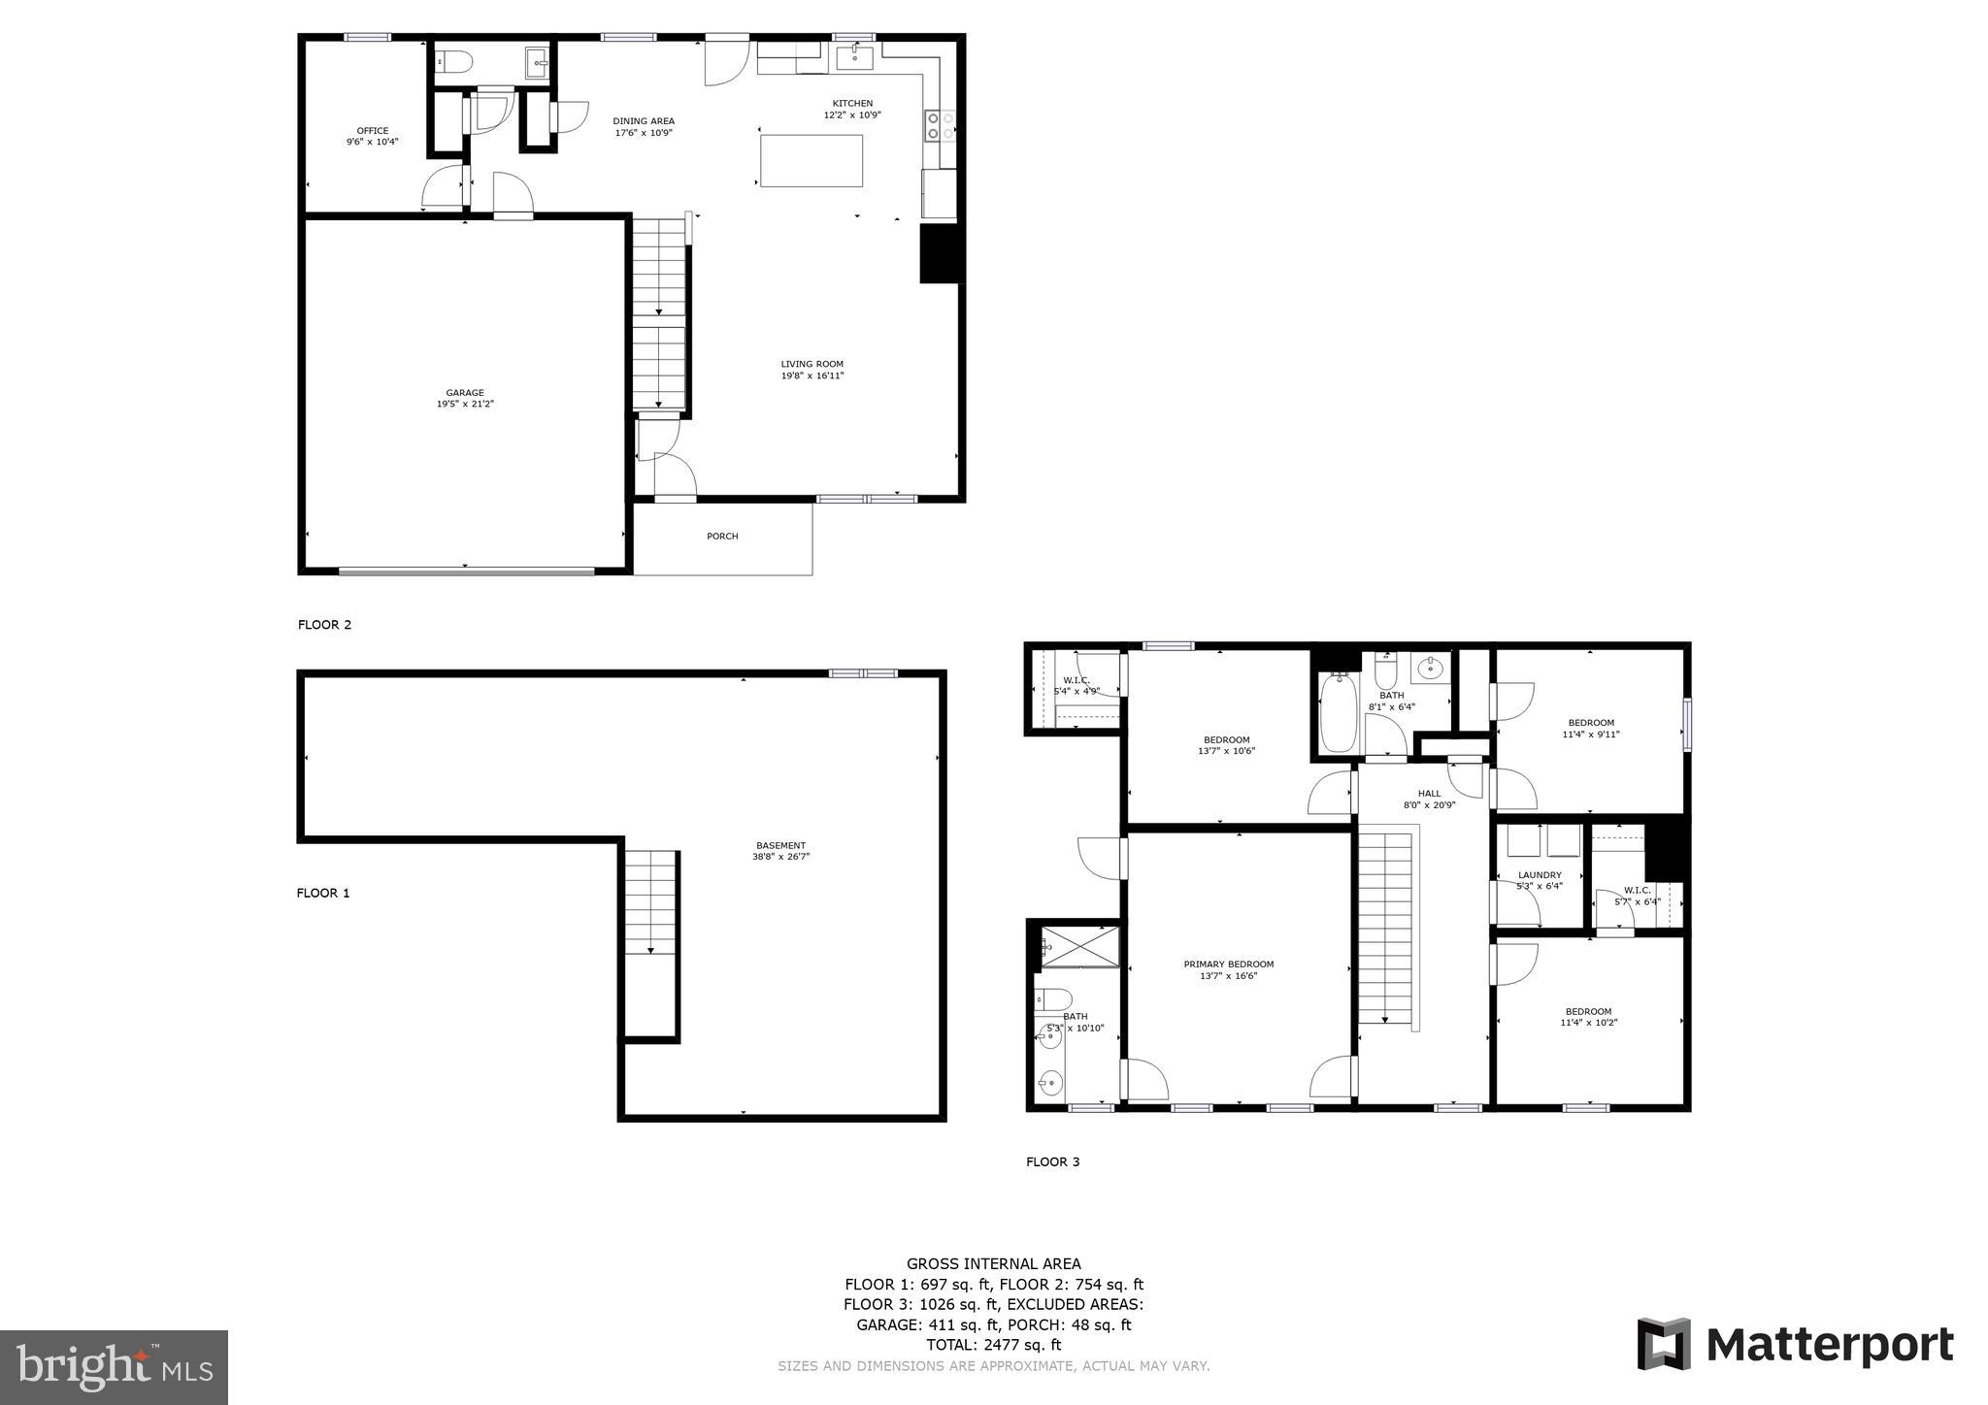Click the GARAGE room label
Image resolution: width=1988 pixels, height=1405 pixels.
pos(465,393)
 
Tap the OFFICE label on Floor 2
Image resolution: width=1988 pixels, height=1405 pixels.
pos(372,131)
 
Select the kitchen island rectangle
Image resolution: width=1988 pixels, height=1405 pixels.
pos(811,161)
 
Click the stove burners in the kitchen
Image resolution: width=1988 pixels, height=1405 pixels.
pos(940,126)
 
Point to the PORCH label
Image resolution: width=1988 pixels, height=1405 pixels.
pos(722,537)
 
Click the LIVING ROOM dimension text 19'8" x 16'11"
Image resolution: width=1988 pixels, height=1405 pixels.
pos(812,376)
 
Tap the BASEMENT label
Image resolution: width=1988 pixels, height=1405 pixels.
pos(780,846)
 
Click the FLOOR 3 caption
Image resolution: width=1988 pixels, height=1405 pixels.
pos(1052,1162)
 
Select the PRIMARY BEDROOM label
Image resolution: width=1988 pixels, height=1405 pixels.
pos(1228,964)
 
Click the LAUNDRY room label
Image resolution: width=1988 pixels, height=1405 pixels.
pos(1540,875)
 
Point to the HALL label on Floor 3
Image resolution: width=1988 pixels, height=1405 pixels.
pos(1429,794)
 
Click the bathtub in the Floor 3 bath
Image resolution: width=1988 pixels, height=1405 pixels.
pos(1339,713)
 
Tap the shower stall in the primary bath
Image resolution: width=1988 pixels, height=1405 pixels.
pos(1079,946)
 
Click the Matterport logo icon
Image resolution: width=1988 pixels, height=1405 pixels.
pos(1664,1344)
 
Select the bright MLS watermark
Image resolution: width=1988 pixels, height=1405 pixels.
pos(115,1368)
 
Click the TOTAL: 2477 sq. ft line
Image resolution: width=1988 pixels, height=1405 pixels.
pos(993,1345)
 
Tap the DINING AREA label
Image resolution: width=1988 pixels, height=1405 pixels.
pos(644,121)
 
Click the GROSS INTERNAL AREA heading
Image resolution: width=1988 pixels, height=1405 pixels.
pos(993,1263)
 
